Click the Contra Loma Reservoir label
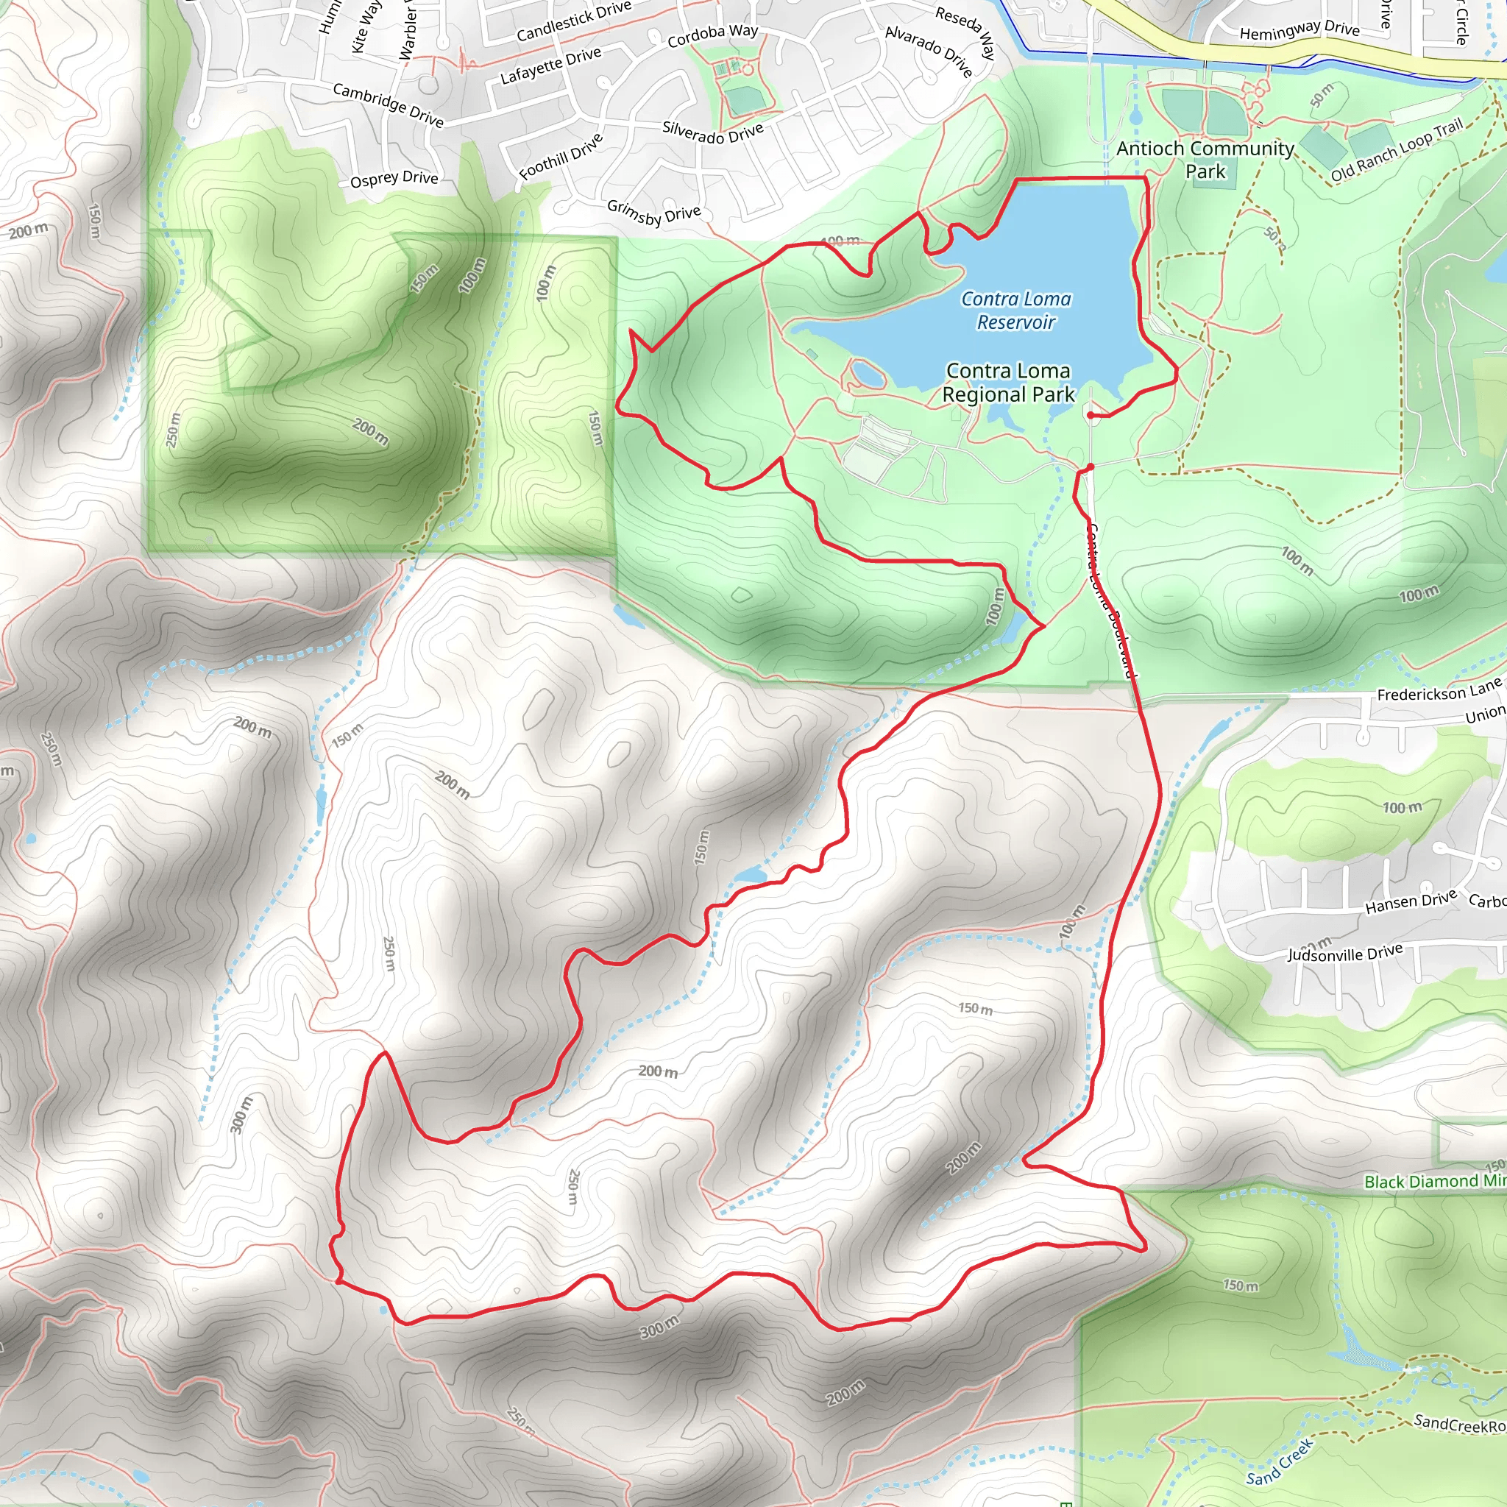(x=1015, y=311)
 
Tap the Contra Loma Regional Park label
(x=1008, y=382)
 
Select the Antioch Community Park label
(x=1205, y=159)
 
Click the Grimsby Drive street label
(x=653, y=211)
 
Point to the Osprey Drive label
(x=394, y=179)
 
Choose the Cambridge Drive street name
(x=388, y=104)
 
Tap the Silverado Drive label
(x=712, y=132)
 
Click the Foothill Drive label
(x=561, y=156)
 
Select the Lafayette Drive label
(x=550, y=65)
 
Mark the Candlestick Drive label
(x=573, y=21)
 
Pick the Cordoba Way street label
(x=712, y=35)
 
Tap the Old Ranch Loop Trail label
(x=1396, y=150)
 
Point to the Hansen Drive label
(x=1411, y=901)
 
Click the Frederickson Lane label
(x=1439, y=689)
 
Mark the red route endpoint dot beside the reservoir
(x=1091, y=416)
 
